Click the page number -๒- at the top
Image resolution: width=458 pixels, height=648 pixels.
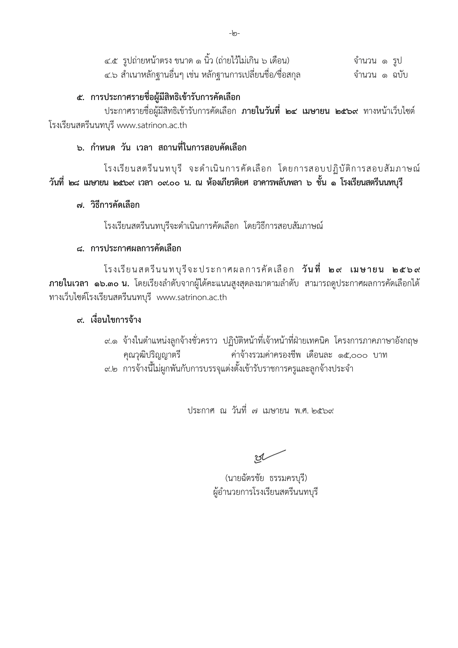[234, 34]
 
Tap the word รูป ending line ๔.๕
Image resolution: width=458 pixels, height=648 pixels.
[397, 61]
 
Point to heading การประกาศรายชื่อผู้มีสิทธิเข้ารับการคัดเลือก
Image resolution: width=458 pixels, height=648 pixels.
[165, 98]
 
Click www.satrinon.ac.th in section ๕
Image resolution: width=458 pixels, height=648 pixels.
[152, 125]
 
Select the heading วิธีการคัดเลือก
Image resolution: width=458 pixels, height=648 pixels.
[115, 205]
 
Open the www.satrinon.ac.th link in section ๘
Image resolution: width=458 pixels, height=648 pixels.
[192, 298]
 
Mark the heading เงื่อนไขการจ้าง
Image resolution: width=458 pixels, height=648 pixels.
[116, 320]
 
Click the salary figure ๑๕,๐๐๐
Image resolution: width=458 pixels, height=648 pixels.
[352, 355]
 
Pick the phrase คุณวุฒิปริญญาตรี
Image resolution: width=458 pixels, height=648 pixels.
[152, 355]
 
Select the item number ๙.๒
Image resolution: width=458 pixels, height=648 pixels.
[110, 369]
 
